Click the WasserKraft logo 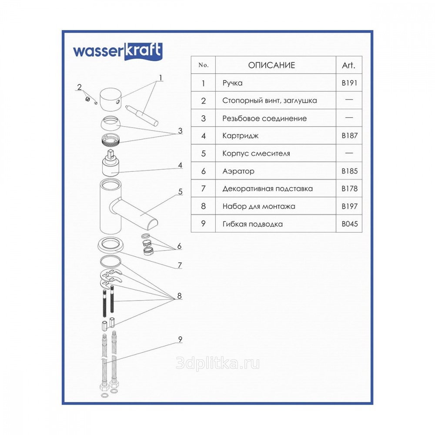coord(117,51)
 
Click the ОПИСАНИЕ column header coord(271,65)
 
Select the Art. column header coord(349,65)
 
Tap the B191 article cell coord(349,83)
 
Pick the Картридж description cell coord(240,136)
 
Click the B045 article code coord(350,224)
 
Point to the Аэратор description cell coord(238,171)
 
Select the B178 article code coord(350,189)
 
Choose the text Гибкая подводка coord(252,224)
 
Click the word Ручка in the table coord(232,83)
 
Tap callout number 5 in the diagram coord(181,192)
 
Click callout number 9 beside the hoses coord(180,339)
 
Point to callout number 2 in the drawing coord(79,87)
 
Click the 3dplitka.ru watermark coord(218,363)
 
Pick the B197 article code coord(350,206)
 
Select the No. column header coord(203,65)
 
